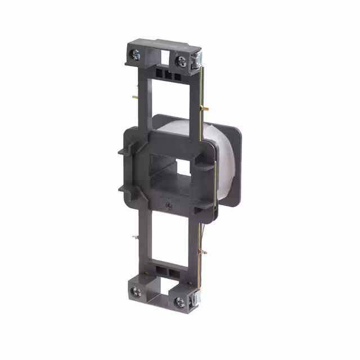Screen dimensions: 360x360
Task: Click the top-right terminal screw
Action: click(181, 61)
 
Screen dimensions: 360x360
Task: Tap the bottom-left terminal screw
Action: click(136, 291)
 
